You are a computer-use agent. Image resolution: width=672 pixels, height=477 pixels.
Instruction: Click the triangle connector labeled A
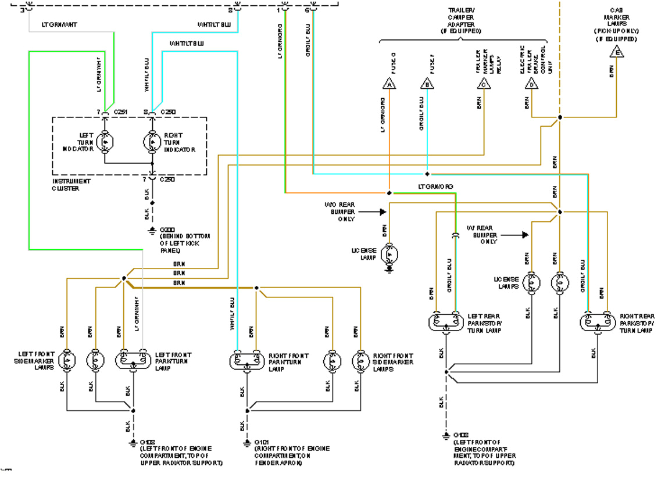pos(389,84)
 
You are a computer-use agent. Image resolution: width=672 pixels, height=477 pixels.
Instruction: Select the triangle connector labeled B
pos(427,84)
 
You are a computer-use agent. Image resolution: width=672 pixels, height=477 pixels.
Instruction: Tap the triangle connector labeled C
pos(484,84)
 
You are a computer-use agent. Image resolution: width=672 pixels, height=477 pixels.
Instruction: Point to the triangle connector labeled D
pos(532,84)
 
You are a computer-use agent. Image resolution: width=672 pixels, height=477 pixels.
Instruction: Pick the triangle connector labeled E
pos(616,52)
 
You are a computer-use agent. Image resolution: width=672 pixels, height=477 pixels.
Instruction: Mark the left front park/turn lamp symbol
pos(134,360)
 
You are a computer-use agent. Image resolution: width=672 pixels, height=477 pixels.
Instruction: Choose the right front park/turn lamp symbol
pos(246,360)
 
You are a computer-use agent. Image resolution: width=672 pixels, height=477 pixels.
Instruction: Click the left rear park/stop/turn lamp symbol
pos(446,321)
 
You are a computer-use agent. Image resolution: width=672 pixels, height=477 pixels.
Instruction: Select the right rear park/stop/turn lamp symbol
pos(598,321)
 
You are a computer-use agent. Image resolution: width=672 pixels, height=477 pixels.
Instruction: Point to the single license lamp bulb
pos(390,254)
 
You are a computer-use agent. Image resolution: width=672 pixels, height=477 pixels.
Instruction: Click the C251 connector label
pos(120,112)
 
